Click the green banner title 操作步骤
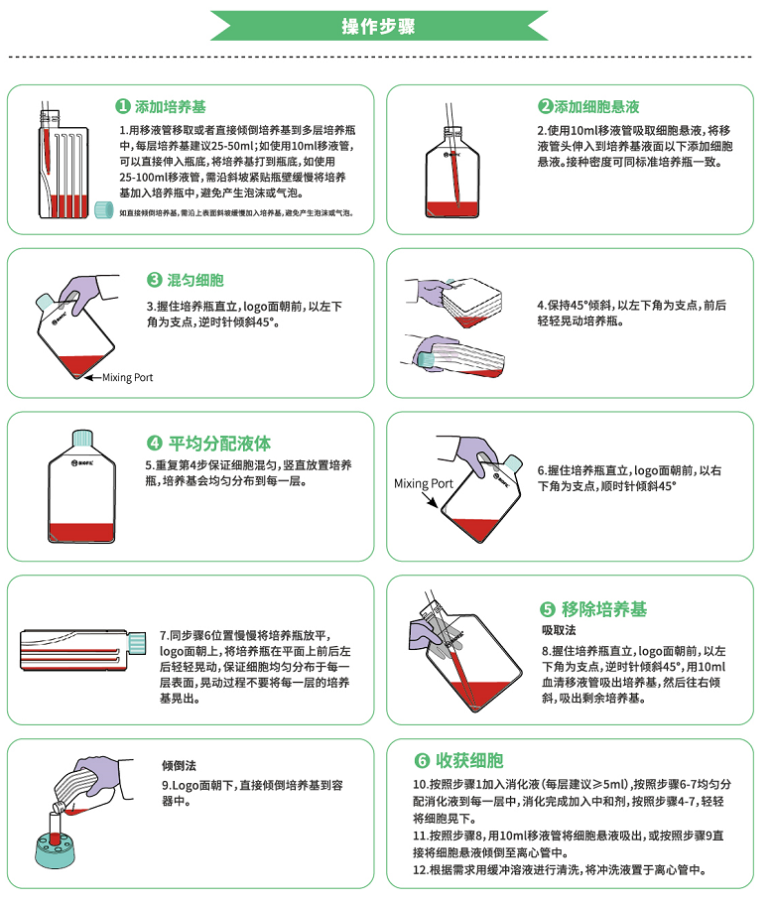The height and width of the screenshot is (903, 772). [385, 26]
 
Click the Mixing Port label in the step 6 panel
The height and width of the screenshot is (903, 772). [423, 484]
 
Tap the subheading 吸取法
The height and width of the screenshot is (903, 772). [559, 630]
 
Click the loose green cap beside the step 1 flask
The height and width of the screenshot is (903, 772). [104, 210]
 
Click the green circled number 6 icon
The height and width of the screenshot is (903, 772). [422, 761]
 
